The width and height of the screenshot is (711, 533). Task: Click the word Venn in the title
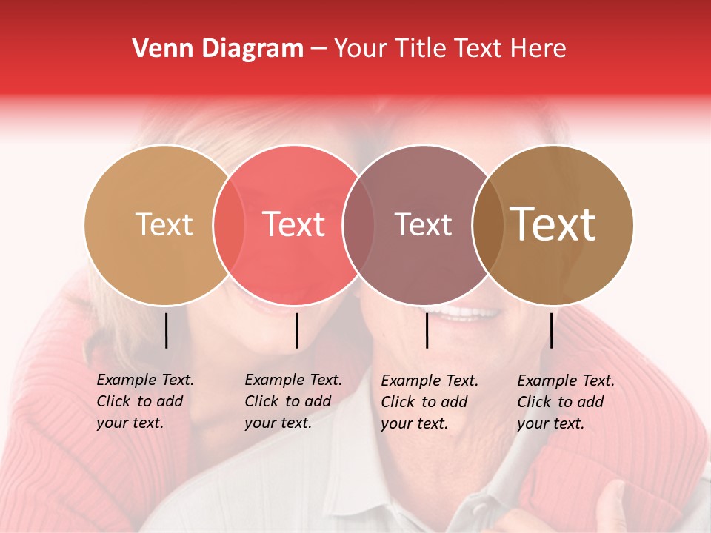158,49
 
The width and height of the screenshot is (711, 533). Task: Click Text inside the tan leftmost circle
164,225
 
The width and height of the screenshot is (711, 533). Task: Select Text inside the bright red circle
293,225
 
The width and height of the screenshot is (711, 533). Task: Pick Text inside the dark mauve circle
423,225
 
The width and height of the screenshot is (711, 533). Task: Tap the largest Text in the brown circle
553,225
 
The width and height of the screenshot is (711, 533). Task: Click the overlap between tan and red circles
229,225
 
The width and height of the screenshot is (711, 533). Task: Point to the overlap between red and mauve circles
358,225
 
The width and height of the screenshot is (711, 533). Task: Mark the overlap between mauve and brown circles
488,225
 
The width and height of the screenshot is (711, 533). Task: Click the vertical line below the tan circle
166,330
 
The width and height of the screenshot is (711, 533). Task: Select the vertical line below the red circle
296,330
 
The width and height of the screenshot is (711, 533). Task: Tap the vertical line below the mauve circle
427,330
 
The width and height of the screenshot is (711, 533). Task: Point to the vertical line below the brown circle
552,330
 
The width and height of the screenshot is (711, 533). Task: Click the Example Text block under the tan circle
145,401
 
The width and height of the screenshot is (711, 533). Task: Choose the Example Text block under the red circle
293,401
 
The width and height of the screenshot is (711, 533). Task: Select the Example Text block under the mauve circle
430,402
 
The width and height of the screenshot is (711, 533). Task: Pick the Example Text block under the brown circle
566,402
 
